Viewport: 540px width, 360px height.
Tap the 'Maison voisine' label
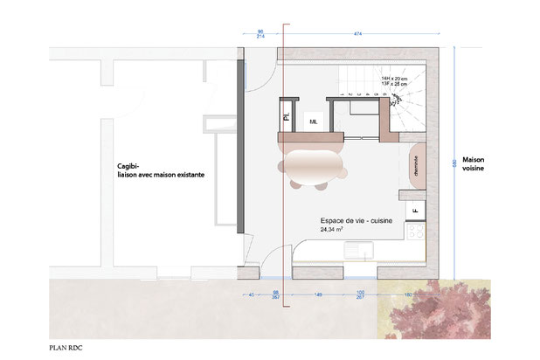point(474,165)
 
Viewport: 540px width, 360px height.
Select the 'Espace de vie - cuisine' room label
point(357,222)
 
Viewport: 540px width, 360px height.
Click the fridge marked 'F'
point(415,210)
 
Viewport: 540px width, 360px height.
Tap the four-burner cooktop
point(415,234)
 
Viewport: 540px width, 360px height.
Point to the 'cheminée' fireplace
point(415,163)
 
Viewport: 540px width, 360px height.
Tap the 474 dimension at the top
point(358,33)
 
